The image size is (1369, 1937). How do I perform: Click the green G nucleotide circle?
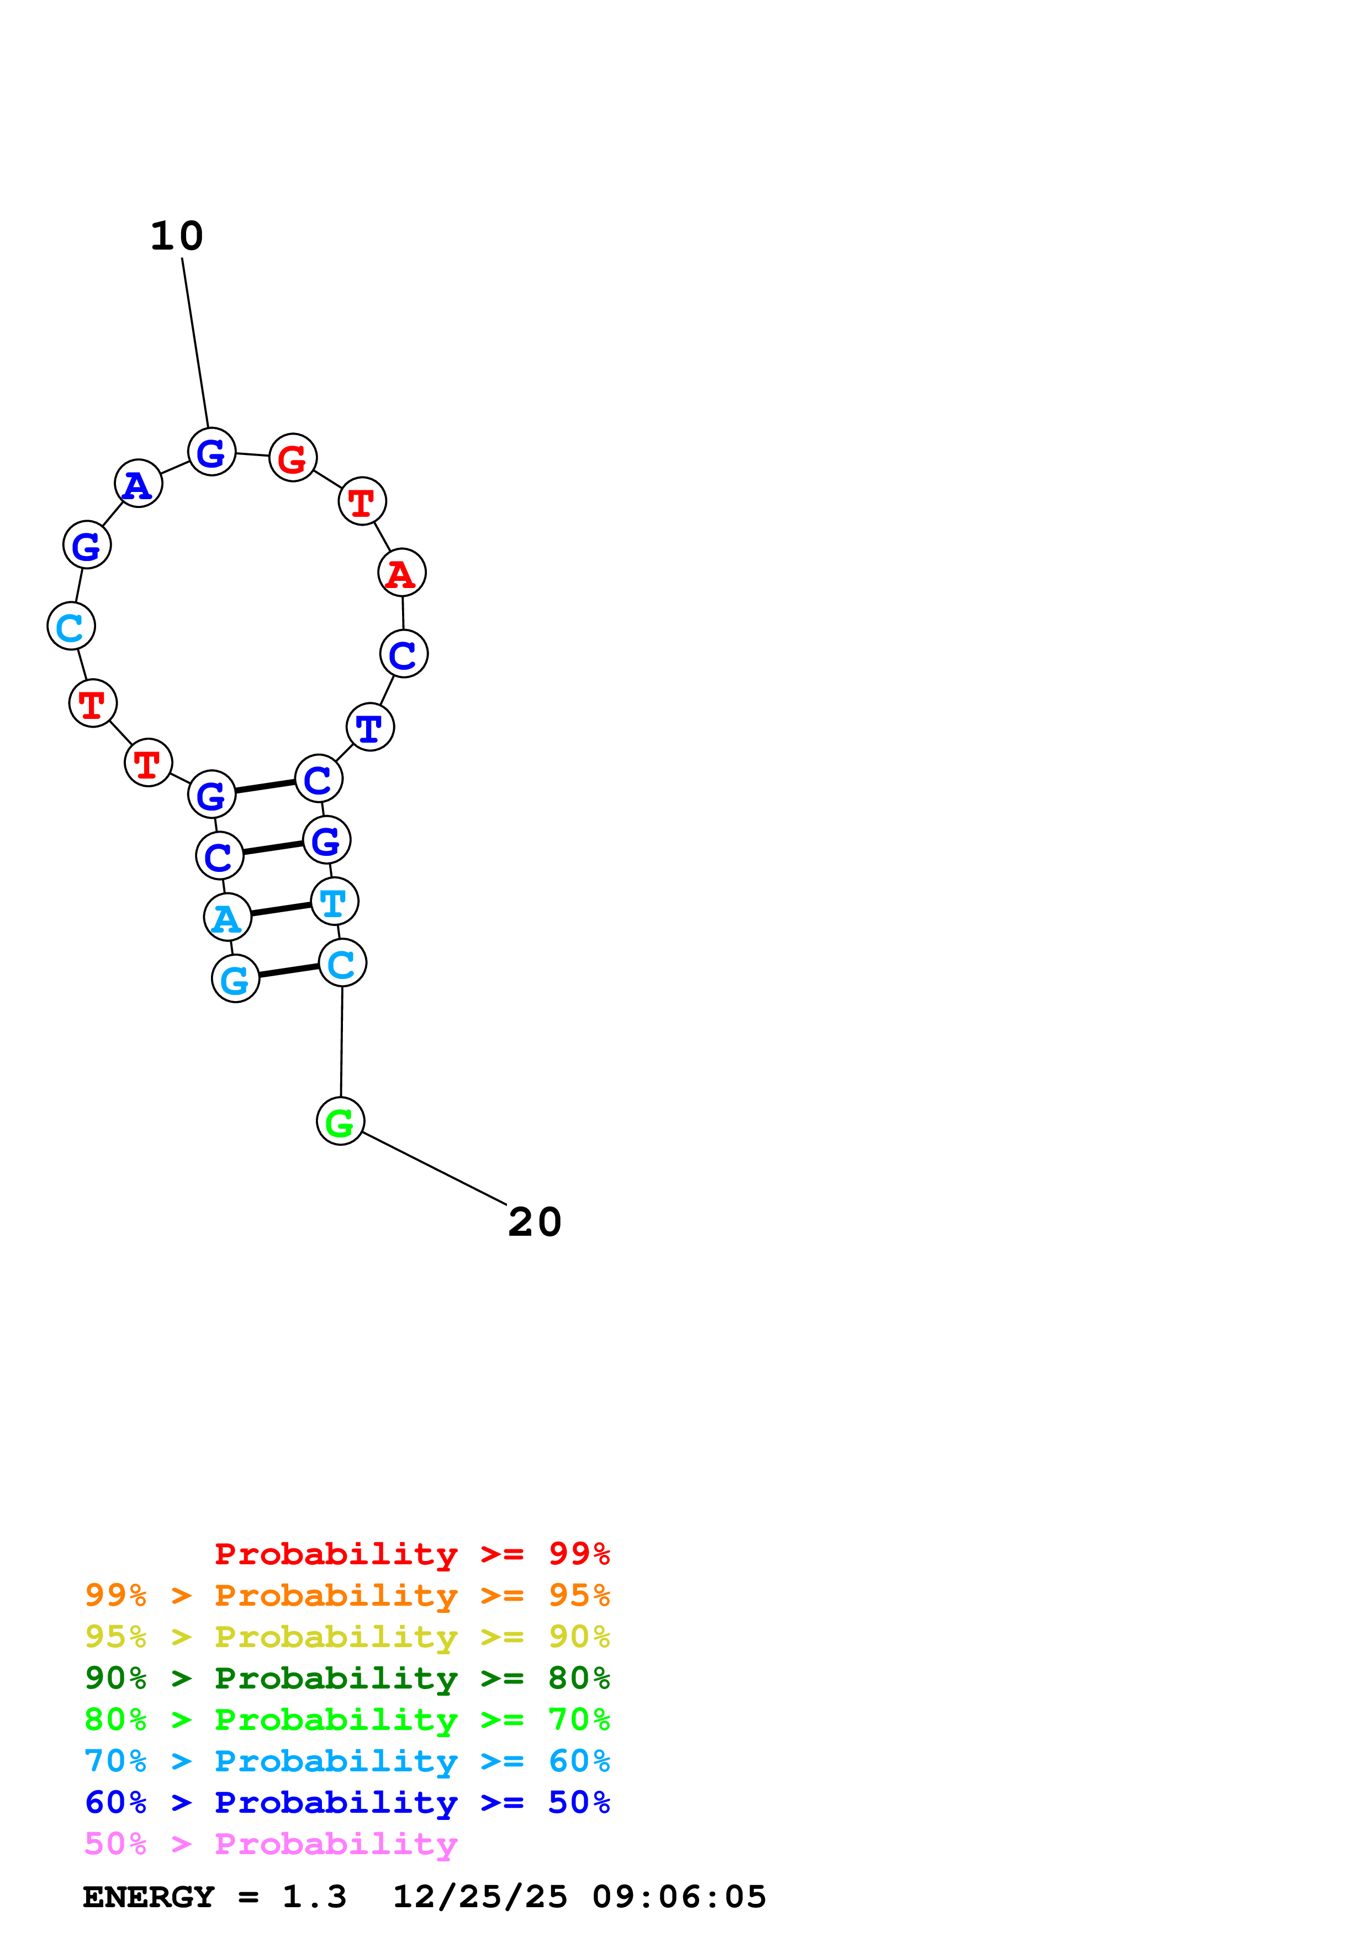(x=340, y=1121)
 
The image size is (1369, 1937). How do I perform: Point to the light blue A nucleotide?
(x=228, y=917)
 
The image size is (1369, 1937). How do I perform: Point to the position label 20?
(x=535, y=1222)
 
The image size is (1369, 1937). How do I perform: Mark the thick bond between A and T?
(x=281, y=909)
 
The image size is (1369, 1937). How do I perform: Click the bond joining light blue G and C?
(x=288, y=971)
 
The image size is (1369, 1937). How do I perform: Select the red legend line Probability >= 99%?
(x=411, y=1554)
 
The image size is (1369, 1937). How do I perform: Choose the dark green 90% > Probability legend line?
(x=347, y=1678)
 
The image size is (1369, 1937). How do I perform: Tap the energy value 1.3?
(x=314, y=1897)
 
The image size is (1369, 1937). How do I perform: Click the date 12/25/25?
(x=480, y=1897)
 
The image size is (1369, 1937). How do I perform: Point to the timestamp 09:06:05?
(x=679, y=1897)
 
